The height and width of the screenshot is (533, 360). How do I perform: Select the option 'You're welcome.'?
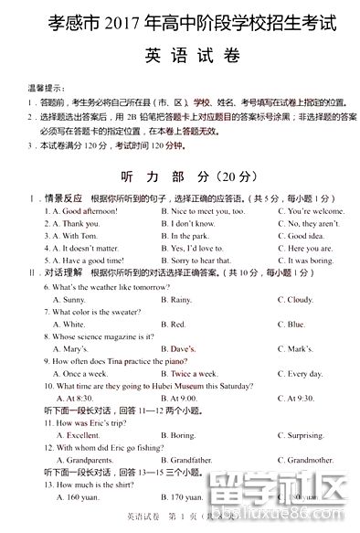click(312, 211)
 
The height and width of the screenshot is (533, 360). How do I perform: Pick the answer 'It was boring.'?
click(311, 261)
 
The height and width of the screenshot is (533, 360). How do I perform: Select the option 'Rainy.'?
click(182, 299)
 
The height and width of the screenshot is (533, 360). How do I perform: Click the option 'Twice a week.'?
click(195, 373)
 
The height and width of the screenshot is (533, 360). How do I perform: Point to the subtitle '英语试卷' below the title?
click(180, 56)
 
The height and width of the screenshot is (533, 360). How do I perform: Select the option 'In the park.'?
click(190, 236)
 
